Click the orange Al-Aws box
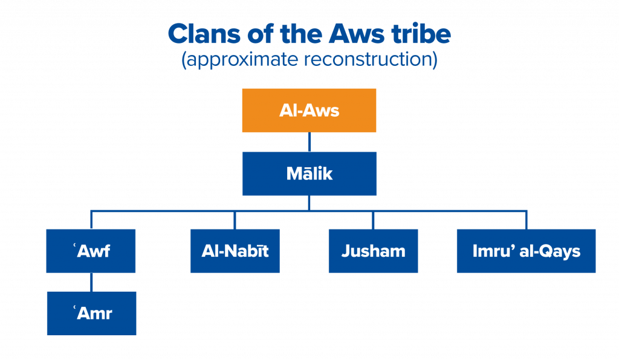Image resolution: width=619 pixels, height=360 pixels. [x=309, y=111]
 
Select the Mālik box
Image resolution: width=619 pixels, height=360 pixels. [x=309, y=174]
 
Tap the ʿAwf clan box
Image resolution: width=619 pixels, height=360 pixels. [x=91, y=251]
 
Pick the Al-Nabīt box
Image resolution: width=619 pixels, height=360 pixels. [x=235, y=251]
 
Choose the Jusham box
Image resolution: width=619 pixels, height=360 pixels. [x=373, y=251]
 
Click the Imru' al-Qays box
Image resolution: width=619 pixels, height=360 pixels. [x=526, y=251]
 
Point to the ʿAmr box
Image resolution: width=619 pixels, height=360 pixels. [x=91, y=313]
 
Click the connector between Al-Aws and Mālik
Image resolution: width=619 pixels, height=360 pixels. [x=309, y=142]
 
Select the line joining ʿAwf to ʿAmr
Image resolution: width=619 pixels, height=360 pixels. [x=91, y=282]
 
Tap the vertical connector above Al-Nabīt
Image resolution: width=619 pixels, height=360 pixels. [x=235, y=220]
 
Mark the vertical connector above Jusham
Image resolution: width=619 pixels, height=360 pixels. [x=373, y=220]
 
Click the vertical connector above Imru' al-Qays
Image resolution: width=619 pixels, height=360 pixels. [x=527, y=220]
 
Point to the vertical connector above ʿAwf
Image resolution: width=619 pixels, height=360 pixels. [x=91, y=220]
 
